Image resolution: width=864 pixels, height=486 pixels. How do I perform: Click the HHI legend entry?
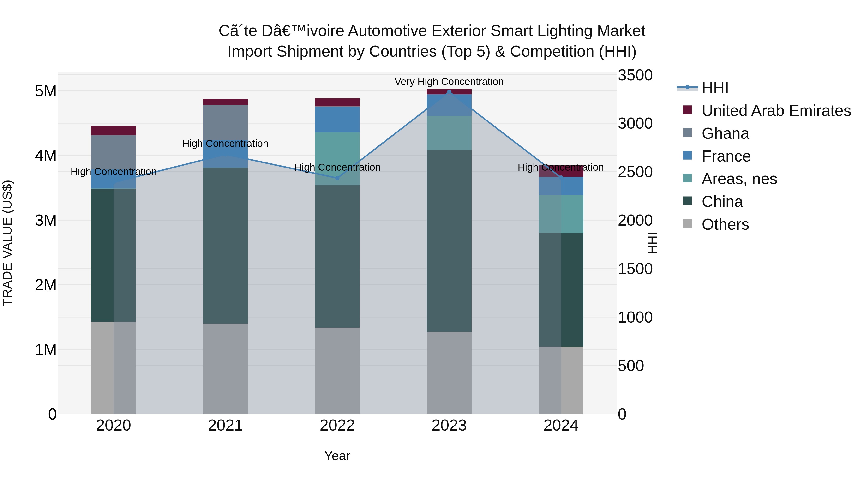click(714, 88)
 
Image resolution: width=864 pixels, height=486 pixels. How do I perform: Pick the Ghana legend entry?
click(725, 133)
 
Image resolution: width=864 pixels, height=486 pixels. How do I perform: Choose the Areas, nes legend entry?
click(739, 179)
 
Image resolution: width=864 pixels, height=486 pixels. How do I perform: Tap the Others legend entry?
click(725, 224)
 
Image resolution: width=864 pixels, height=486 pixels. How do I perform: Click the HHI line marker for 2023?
click(449, 92)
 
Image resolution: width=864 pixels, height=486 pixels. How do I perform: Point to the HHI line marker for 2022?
click(337, 178)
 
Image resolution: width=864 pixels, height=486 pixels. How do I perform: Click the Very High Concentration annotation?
click(449, 82)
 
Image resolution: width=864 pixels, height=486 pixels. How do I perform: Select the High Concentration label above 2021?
click(225, 144)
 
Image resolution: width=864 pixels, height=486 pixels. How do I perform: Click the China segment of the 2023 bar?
click(449, 240)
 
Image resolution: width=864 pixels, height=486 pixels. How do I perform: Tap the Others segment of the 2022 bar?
click(337, 370)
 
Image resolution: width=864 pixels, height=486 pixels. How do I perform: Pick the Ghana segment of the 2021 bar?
click(225, 122)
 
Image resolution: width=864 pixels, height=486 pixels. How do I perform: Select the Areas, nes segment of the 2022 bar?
click(337, 158)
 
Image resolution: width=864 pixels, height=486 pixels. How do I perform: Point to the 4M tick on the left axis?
click(46, 156)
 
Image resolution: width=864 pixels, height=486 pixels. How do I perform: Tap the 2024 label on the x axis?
click(561, 426)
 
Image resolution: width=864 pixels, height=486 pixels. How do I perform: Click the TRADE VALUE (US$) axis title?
click(7, 243)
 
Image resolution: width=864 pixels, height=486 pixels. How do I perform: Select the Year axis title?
click(337, 456)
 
